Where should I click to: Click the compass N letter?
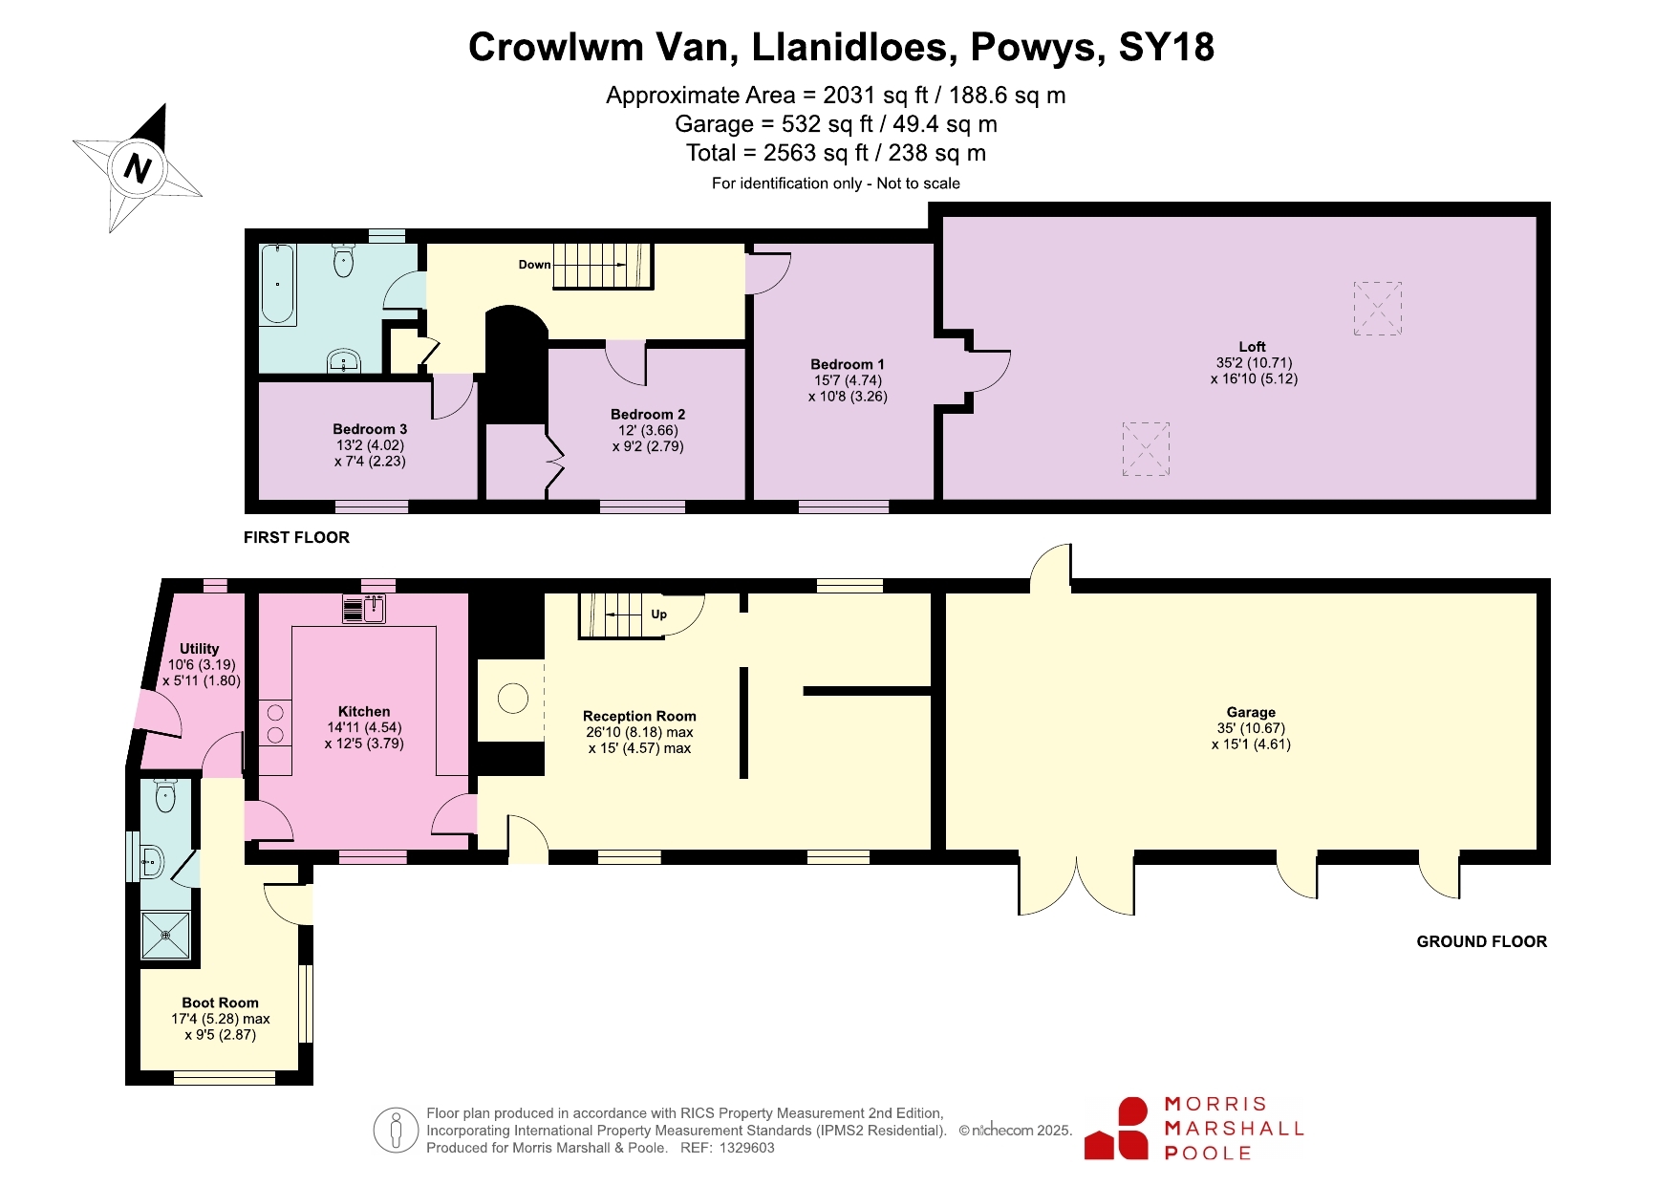pos(138,168)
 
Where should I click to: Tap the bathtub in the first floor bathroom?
pos(277,284)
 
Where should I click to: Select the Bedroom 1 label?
pos(848,364)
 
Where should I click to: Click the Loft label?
pos(1253,347)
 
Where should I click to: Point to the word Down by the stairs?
pos(535,265)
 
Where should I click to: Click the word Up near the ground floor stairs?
pos(658,615)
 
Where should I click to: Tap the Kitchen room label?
pos(364,711)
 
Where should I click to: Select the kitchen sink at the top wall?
pos(363,609)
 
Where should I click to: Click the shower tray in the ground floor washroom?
pos(166,936)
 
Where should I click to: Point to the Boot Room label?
pos(221,1003)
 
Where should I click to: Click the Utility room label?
pos(200,649)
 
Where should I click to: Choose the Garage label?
pos(1252,712)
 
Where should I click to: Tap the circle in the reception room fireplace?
pos(513,699)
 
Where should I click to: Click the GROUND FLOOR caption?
pos(1482,941)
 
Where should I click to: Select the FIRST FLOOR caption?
pos(296,537)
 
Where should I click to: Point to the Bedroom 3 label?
pos(370,429)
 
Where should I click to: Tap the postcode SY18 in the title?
pos(1166,47)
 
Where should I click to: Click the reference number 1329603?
pos(747,1148)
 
